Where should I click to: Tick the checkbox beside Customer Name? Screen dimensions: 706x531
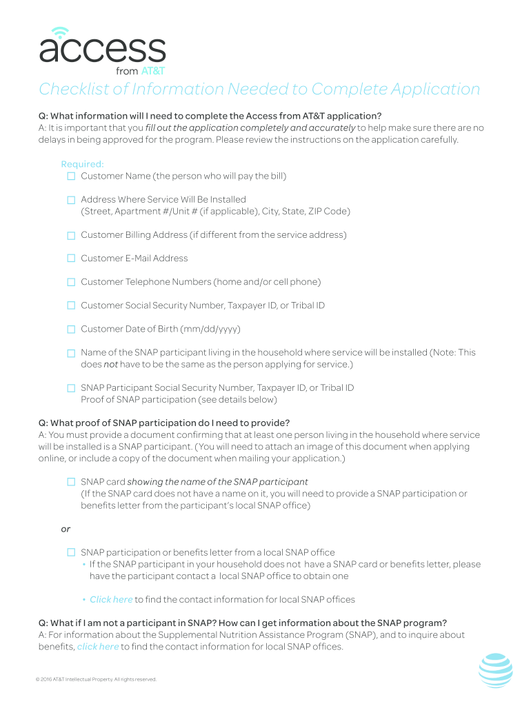point(71,176)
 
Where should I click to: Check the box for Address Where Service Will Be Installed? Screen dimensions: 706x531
point(71,200)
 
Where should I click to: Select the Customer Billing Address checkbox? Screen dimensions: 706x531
point(71,235)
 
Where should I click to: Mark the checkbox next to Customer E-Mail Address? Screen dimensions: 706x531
point(71,259)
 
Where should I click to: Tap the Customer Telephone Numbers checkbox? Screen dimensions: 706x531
point(71,282)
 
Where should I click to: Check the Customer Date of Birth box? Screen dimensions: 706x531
point(71,330)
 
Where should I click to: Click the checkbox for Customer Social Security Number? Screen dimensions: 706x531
point(71,305)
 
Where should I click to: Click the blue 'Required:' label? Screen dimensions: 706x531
point(82,164)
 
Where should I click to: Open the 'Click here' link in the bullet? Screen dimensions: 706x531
point(111,600)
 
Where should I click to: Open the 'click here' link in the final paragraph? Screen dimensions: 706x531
point(98,647)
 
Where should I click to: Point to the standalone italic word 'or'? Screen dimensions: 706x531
point(66,529)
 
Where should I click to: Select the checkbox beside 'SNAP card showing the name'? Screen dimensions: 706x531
point(71,482)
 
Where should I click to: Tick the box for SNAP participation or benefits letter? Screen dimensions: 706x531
point(71,553)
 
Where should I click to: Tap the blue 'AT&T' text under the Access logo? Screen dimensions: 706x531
point(152,71)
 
